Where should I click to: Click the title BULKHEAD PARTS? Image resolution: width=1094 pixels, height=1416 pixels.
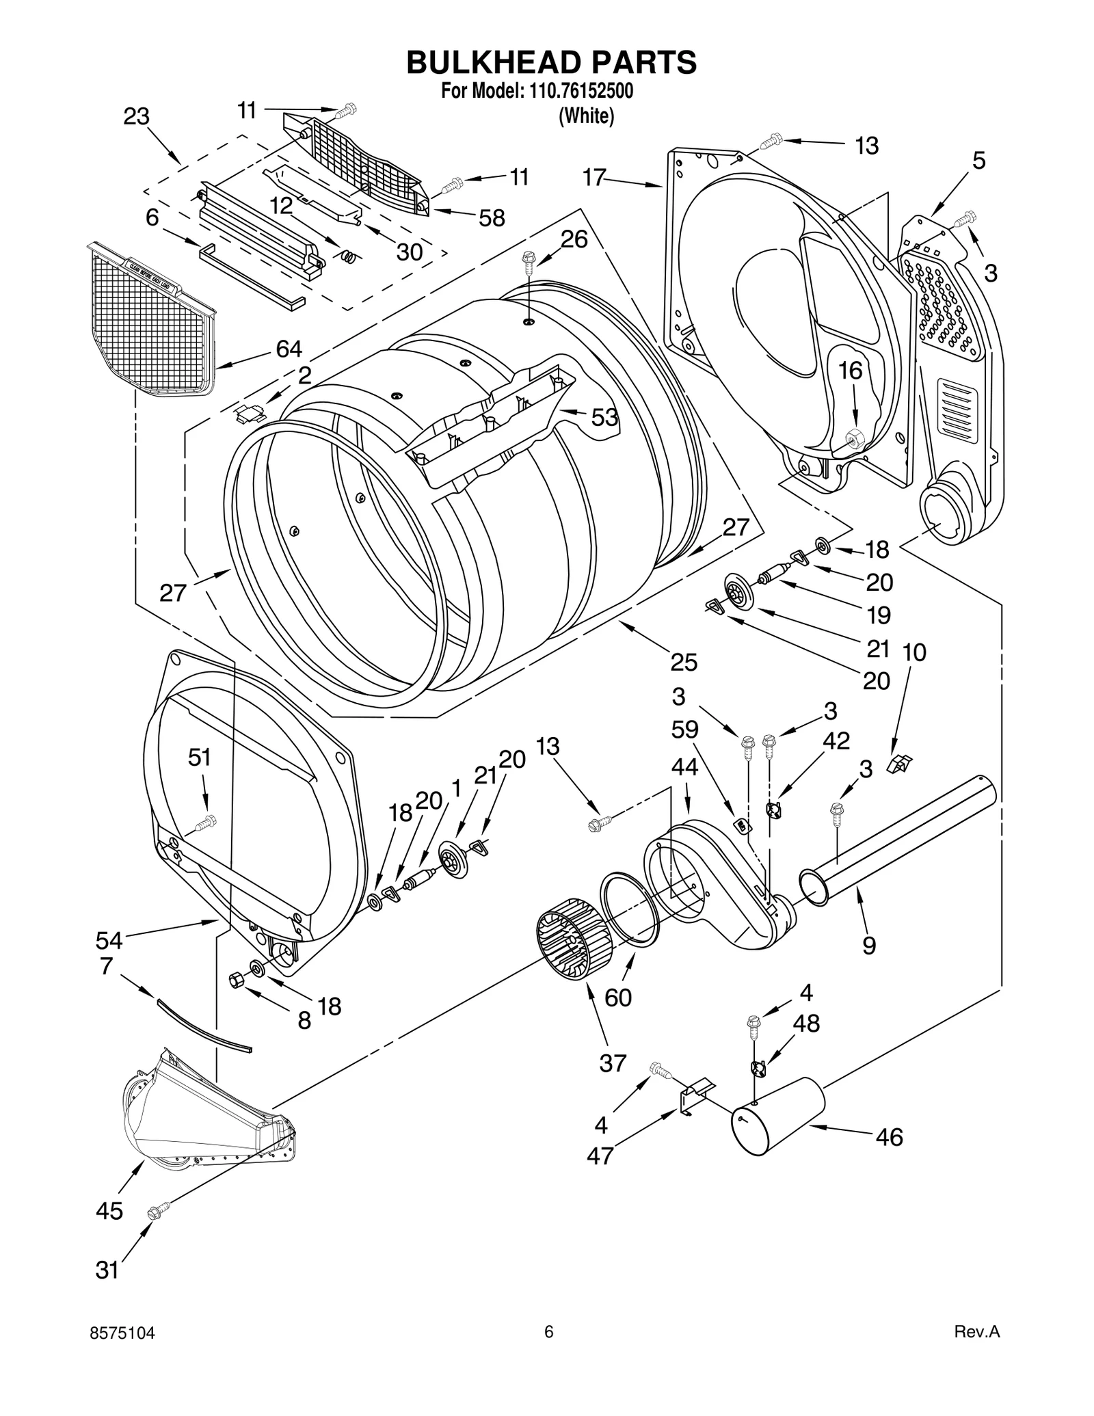pos(551,62)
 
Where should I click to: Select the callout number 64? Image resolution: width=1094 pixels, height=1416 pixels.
pos(289,349)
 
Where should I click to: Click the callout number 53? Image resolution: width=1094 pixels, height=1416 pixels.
pos(604,417)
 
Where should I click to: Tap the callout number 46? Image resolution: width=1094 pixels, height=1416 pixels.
pos(889,1137)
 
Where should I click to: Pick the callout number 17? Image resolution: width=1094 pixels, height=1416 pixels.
pos(593,178)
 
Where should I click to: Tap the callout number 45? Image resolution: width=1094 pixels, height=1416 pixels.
pos(109,1211)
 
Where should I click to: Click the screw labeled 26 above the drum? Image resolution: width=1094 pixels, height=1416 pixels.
pos(529,258)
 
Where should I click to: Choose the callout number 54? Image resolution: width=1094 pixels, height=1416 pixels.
pos(109,940)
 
